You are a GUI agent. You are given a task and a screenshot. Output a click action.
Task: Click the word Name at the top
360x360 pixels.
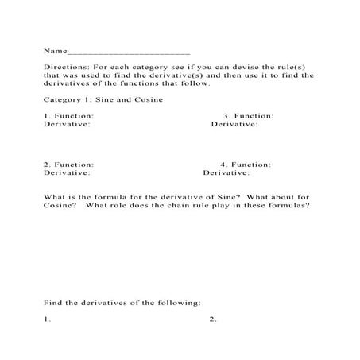click(55, 50)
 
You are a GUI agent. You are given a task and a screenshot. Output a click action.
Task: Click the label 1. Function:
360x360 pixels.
click(68, 116)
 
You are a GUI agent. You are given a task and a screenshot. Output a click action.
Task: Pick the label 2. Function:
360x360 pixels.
click(68, 165)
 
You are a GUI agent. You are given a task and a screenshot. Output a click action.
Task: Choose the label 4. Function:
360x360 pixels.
click(246, 165)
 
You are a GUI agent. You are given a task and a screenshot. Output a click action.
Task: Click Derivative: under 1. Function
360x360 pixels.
click(67, 124)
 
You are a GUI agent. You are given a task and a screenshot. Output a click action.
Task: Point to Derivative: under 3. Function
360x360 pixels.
click(234, 124)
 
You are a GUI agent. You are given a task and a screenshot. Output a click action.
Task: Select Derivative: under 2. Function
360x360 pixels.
click(67, 172)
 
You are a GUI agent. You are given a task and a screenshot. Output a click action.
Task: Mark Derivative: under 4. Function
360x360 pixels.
click(226, 172)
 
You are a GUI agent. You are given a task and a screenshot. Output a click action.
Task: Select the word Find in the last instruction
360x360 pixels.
click(54, 302)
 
